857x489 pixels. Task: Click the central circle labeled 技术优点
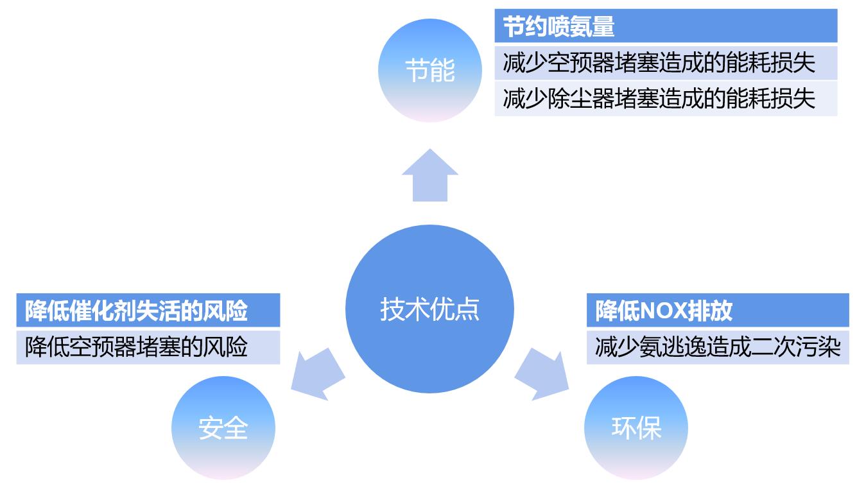coord(429,309)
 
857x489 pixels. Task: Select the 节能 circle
coord(429,70)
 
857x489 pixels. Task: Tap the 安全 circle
coord(223,428)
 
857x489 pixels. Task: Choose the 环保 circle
coord(636,428)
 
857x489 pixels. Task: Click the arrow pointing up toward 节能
coord(429,176)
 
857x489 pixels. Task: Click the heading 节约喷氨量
coord(558,27)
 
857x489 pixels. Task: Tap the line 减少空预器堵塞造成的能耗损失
coord(659,63)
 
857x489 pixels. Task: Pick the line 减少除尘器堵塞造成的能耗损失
coord(659,99)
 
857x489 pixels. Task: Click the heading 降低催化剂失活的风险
coord(136,311)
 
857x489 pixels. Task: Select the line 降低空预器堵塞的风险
coord(136,347)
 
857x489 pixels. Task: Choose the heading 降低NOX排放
coord(664,311)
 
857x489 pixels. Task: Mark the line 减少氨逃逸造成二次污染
coord(717,347)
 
